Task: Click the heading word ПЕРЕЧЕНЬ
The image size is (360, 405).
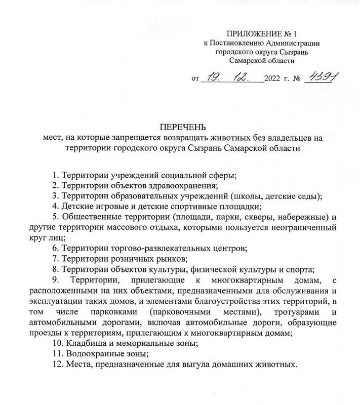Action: pos(180,127)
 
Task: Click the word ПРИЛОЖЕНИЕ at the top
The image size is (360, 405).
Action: pos(252,33)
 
